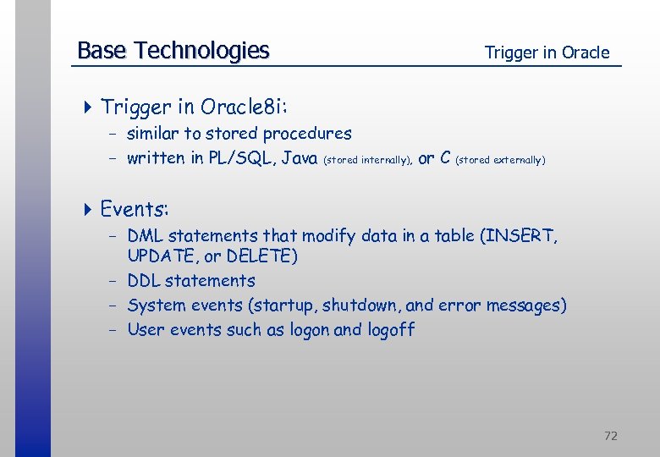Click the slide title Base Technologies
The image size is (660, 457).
click(173, 51)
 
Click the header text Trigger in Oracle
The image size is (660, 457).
click(547, 52)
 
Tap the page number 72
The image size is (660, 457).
click(611, 436)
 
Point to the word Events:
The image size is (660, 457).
click(135, 208)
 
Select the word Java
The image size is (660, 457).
click(300, 158)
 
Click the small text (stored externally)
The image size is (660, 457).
click(501, 159)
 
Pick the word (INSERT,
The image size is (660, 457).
click(520, 236)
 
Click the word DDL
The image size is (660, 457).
click(144, 281)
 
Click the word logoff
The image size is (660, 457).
click(391, 330)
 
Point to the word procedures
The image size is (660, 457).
click(307, 134)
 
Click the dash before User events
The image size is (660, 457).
click(111, 330)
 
